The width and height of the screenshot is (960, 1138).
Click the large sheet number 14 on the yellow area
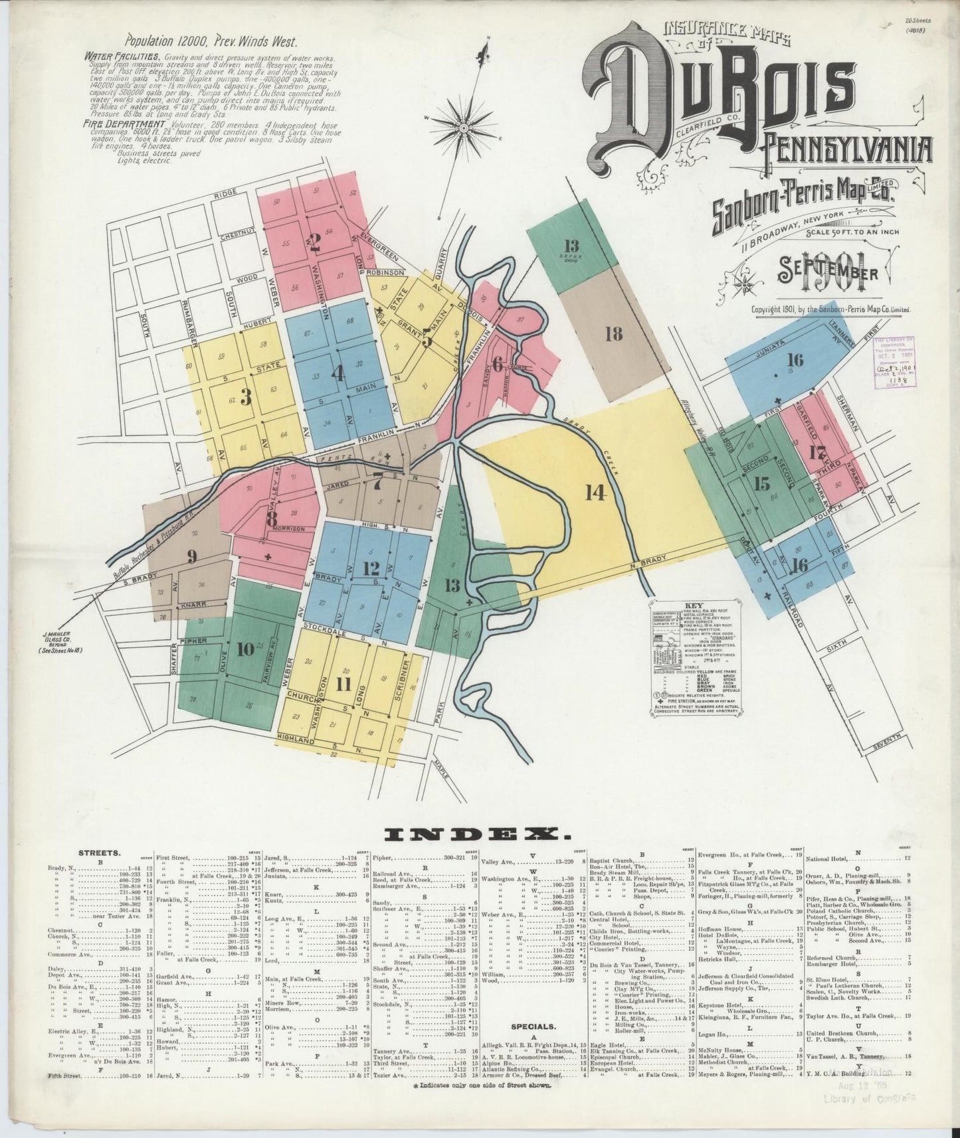point(595,492)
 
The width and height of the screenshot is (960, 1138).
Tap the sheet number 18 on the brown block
point(614,334)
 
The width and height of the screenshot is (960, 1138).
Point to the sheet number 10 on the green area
point(245,649)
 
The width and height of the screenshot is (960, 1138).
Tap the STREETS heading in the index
point(99,853)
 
